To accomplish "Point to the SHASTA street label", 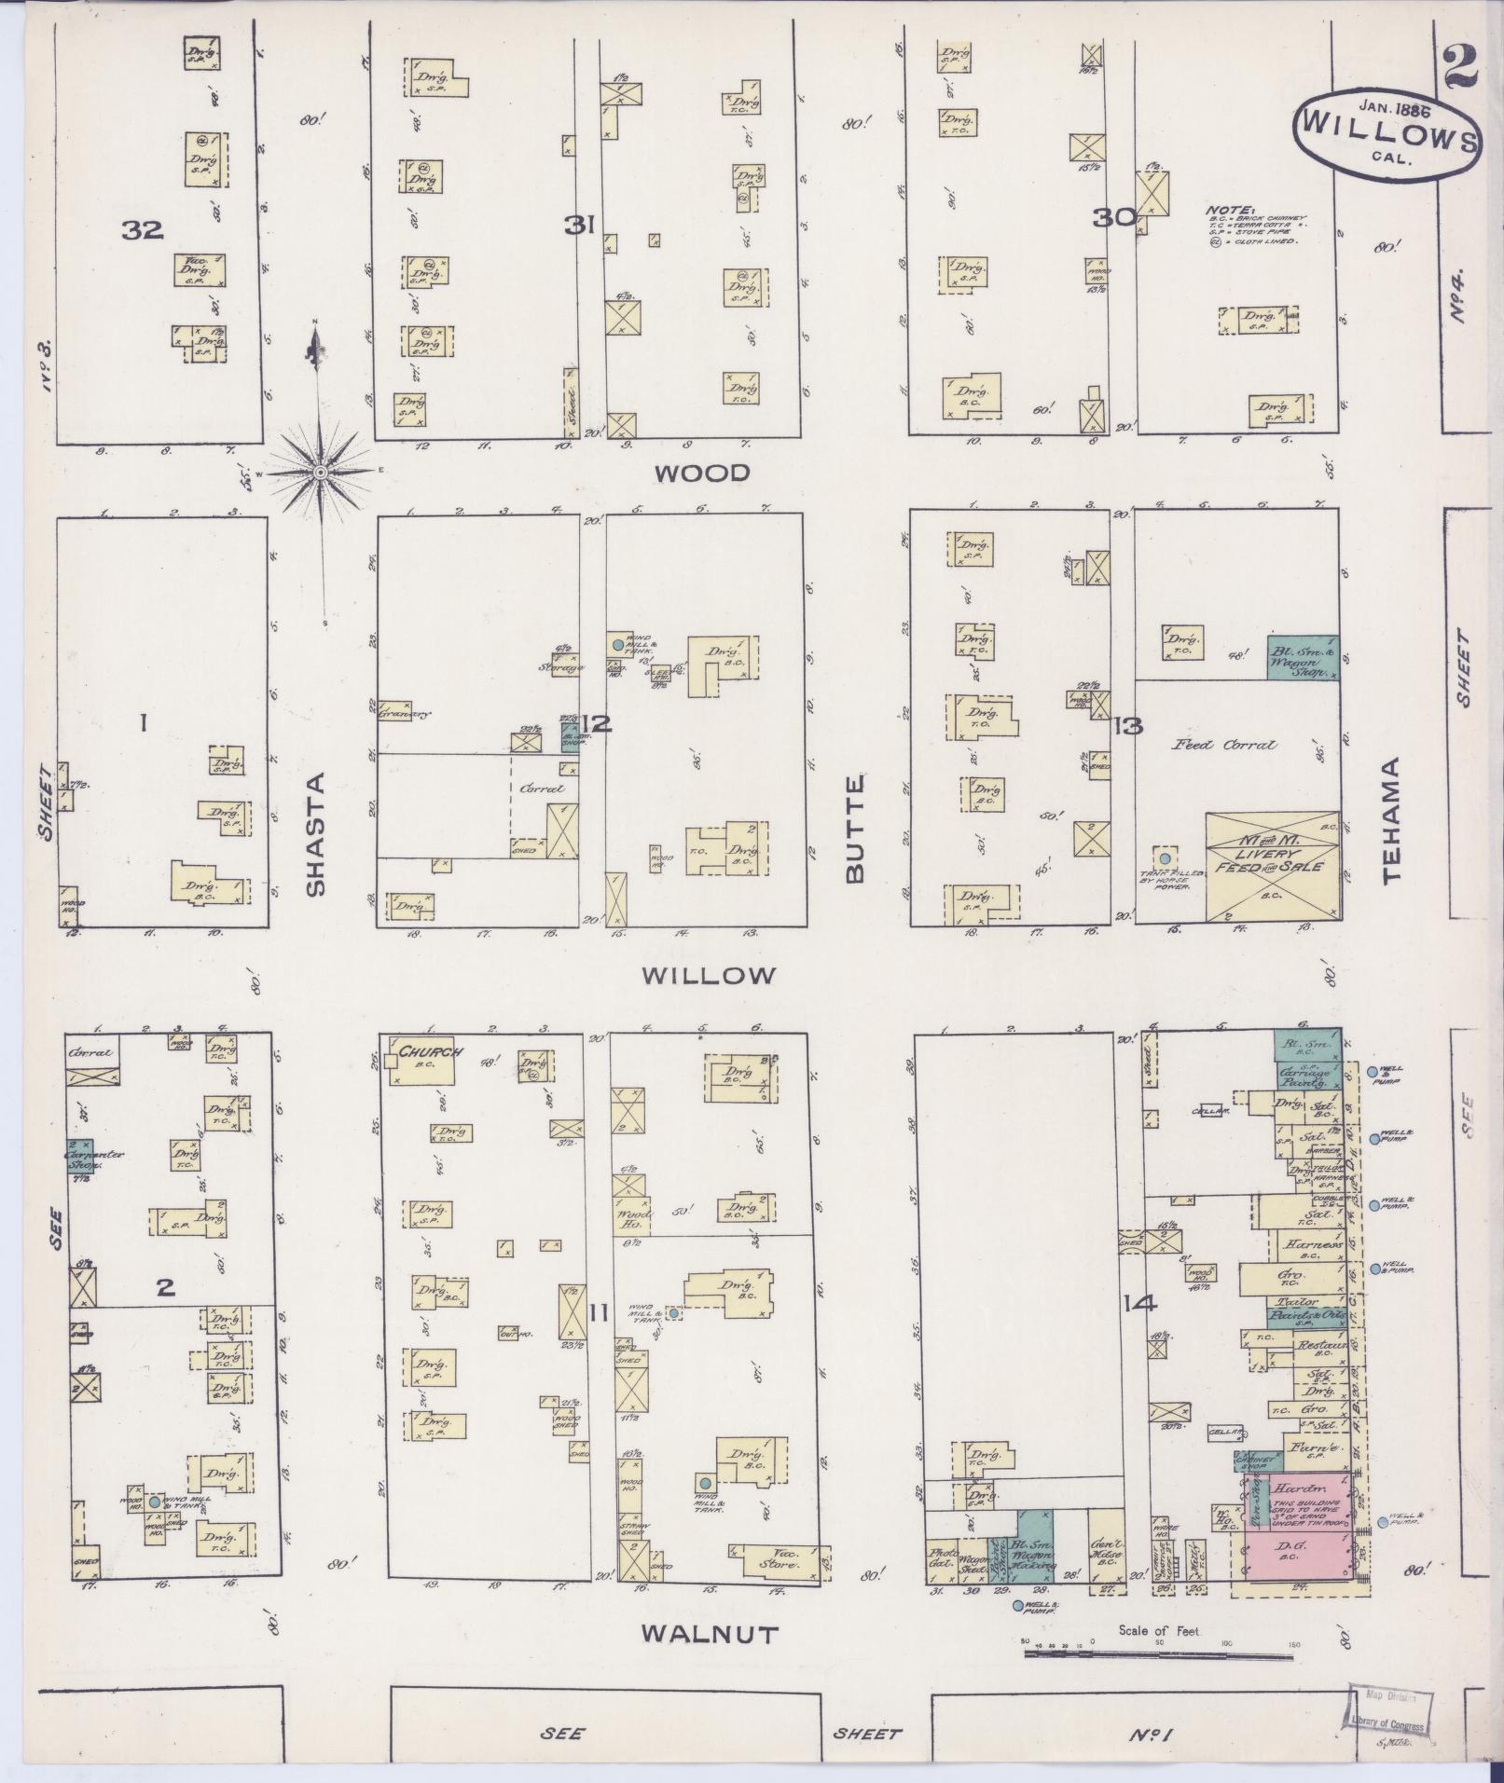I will tap(316, 833).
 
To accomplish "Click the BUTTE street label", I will tap(855, 829).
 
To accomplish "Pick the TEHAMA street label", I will tap(1393, 820).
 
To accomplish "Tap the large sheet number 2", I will tap(1461, 67).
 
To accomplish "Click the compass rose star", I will tap(320, 473).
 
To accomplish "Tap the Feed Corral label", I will tap(1224, 745).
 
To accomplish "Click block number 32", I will tap(143, 229).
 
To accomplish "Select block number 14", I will tap(1140, 1305).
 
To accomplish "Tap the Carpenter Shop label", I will tap(94, 1158).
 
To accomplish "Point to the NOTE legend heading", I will tap(1231, 211).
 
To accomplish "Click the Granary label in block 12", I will tap(396, 714).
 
